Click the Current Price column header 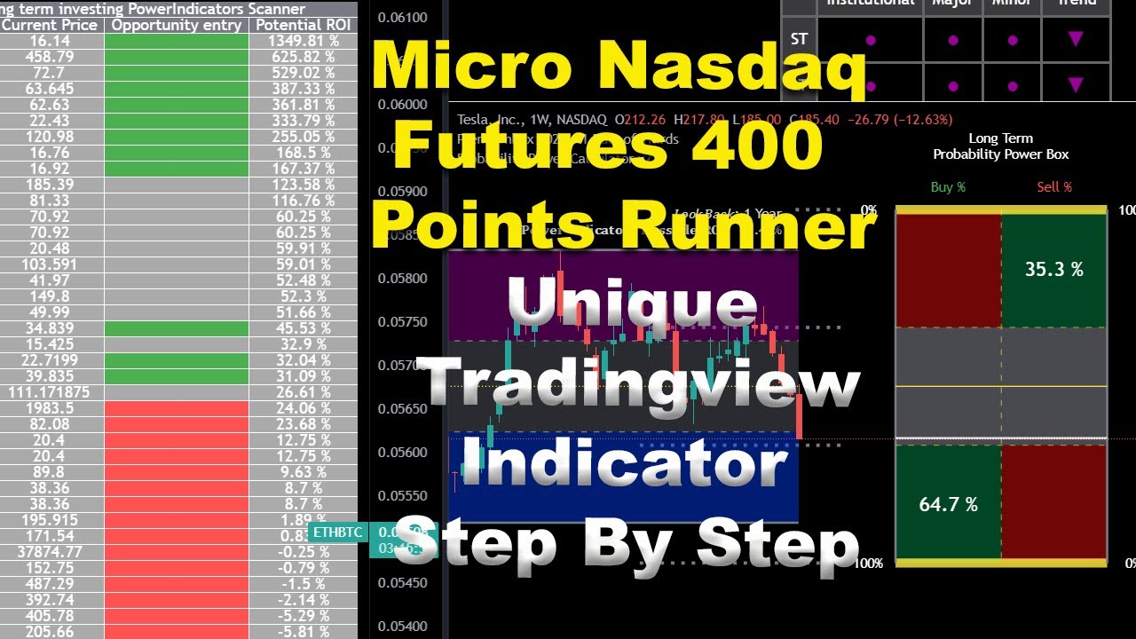[x=50, y=25]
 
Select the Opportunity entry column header [x=176, y=25]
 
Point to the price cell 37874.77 [x=52, y=551]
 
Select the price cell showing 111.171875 [x=49, y=392]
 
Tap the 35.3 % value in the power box [x=1053, y=269]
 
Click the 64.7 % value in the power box [x=948, y=504]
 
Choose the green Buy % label [x=948, y=187]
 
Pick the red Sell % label [x=1054, y=187]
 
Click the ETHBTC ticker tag [x=338, y=532]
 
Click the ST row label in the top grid [x=798, y=39]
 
